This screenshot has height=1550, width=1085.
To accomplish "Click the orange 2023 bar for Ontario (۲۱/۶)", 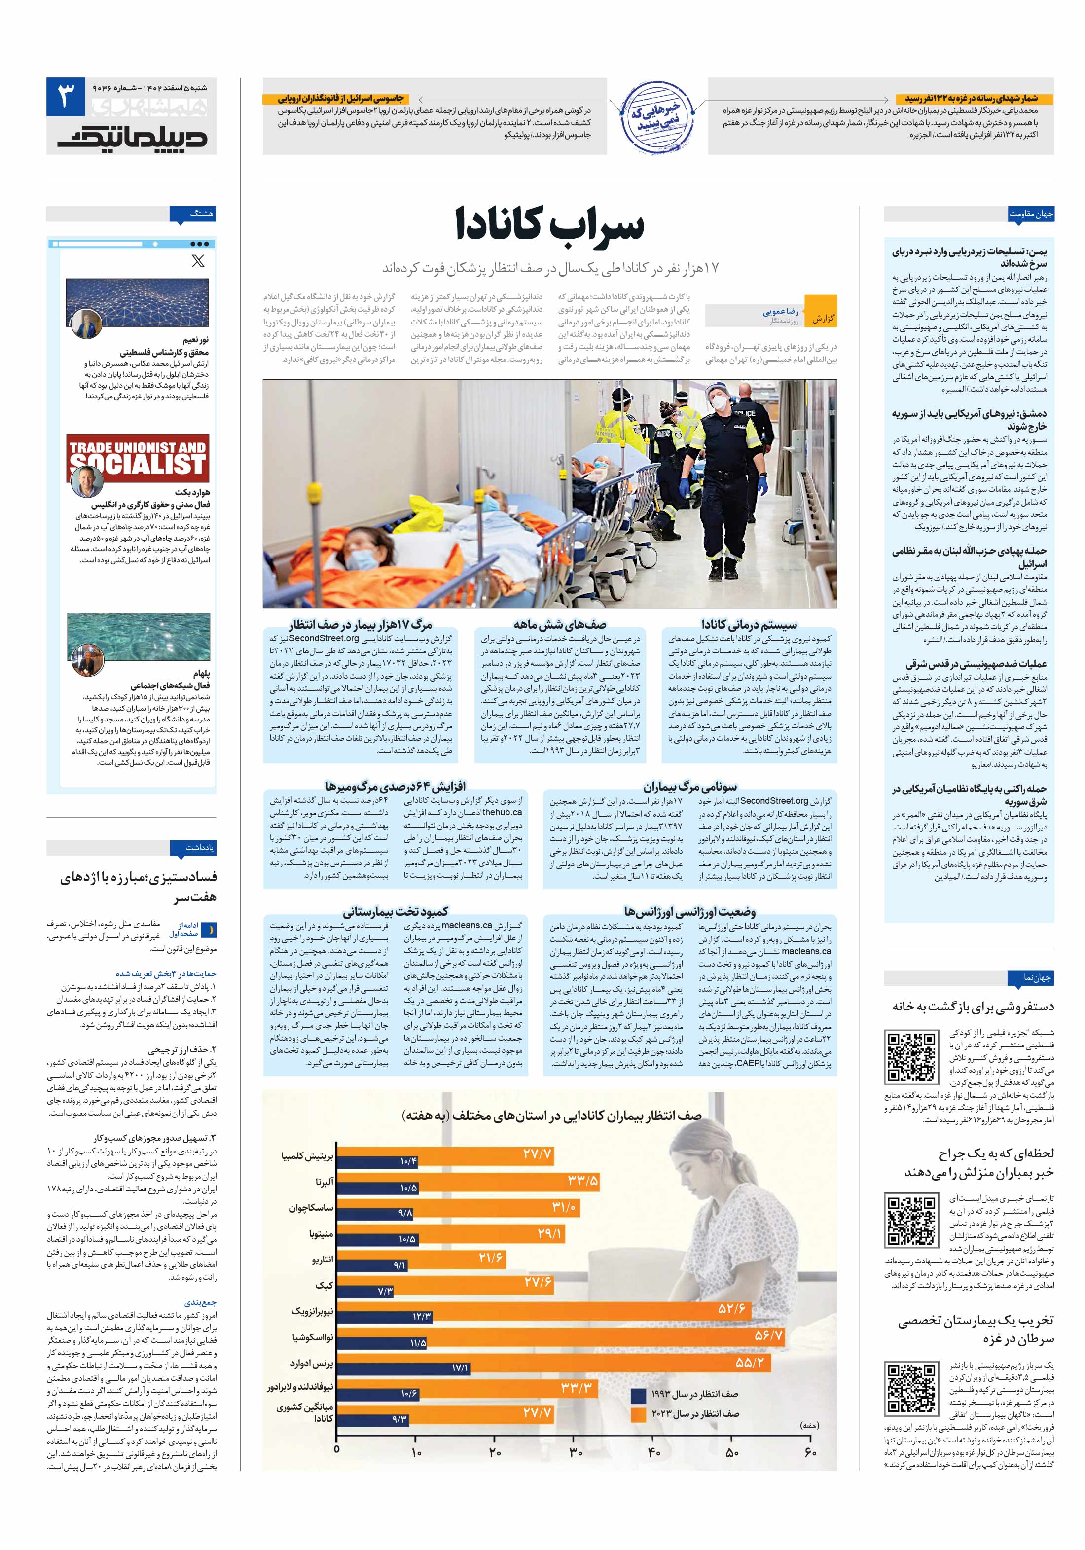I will pyautogui.click(x=420, y=1258).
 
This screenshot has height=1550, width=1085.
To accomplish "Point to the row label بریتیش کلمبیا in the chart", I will pyautogui.click(x=307, y=1156).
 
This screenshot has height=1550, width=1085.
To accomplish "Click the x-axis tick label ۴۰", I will pyautogui.click(x=653, y=1451).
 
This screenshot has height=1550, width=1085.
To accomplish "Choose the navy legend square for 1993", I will pyautogui.click(x=638, y=1394).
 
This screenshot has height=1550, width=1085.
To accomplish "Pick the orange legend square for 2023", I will pyautogui.click(x=638, y=1413).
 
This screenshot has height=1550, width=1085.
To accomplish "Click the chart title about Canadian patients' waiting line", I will pyautogui.click(x=551, y=1116).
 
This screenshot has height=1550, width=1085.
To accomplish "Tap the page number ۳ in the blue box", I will pyautogui.click(x=66, y=97).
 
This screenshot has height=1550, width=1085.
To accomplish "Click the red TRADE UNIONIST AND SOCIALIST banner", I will pyautogui.click(x=138, y=458).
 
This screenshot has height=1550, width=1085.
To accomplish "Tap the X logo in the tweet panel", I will pyautogui.click(x=198, y=260).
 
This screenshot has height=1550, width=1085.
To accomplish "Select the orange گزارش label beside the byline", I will pyautogui.click(x=822, y=318).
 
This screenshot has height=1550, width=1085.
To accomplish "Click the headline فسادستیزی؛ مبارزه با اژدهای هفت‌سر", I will pyautogui.click(x=139, y=886).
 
